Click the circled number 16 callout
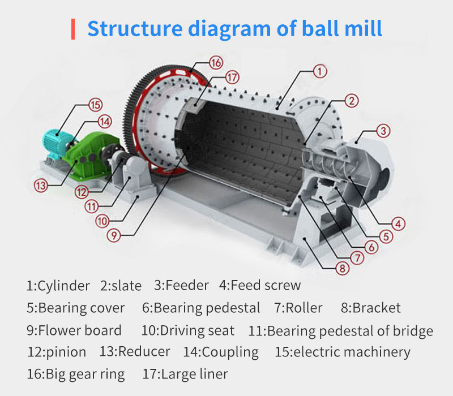coord(216,63)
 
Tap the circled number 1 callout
coord(320,71)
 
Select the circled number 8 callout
coord(343,268)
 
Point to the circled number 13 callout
coord(41,186)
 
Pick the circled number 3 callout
coord(383,131)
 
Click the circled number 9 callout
coord(114,235)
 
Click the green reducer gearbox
coord(89,156)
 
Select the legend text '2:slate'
coord(121,286)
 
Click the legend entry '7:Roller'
coord(298,308)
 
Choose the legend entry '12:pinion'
coord(57,352)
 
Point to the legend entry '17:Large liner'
coord(185,375)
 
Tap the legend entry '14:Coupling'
coord(221,352)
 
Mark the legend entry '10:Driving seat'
coord(188,330)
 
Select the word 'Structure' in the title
coord(135,28)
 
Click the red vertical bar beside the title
coord(73,29)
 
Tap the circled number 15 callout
coord(95,105)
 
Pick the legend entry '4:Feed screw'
coord(260,286)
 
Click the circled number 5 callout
coord(386,236)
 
